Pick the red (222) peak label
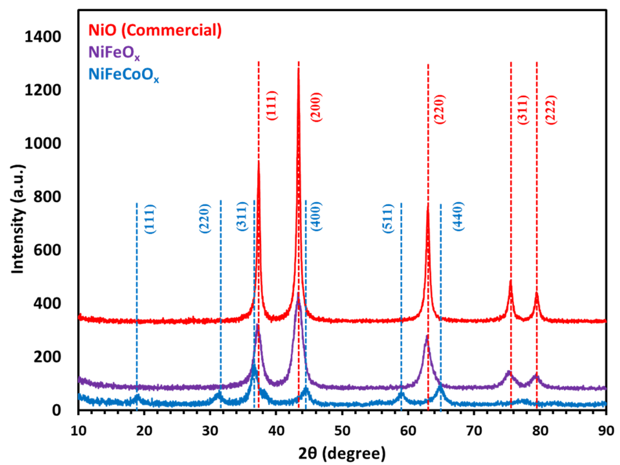[551, 110]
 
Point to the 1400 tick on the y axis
[43, 37]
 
